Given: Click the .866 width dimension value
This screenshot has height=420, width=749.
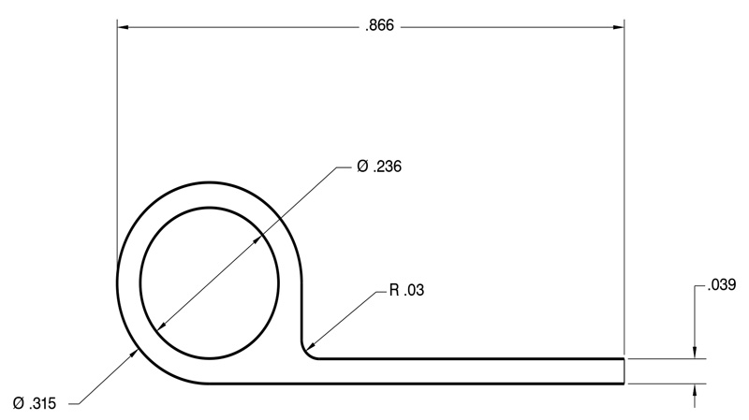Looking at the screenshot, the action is [x=380, y=26].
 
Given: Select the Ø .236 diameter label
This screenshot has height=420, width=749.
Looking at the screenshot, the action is [x=379, y=167].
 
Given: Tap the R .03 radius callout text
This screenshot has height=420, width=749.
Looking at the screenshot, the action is [x=406, y=290].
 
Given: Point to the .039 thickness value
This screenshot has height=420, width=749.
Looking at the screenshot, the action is [x=722, y=285].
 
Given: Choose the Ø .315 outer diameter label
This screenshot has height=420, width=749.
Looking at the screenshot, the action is [x=35, y=404].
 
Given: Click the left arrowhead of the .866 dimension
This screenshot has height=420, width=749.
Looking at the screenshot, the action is [x=124, y=27].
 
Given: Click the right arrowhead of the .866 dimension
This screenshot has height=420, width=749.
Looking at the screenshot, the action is [x=619, y=27].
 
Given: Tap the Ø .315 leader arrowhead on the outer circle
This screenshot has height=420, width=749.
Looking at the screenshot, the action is [x=135, y=354].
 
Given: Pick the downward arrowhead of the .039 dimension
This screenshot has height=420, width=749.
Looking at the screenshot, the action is [x=695, y=353].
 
